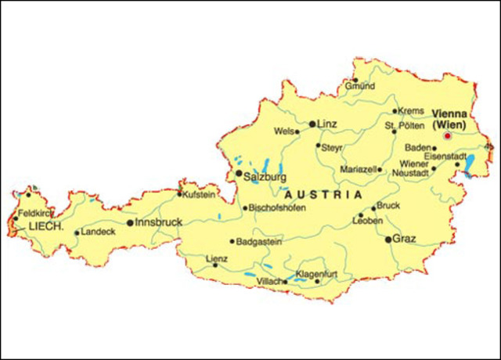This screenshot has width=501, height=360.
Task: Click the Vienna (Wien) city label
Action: (x=449, y=118)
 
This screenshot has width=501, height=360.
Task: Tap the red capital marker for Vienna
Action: (x=448, y=135)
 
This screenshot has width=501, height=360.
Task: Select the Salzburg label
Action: (x=265, y=176)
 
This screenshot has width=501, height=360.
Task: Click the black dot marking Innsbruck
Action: (x=130, y=223)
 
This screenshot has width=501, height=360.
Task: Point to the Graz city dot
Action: (x=388, y=239)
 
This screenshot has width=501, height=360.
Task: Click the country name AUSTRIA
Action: (x=324, y=193)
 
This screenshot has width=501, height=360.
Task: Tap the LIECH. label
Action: (x=46, y=226)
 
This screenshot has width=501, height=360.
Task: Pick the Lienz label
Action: (x=216, y=258)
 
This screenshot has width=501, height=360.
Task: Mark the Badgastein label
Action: (x=259, y=242)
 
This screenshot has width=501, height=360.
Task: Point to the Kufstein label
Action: (x=200, y=194)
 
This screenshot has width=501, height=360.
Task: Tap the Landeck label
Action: (x=98, y=232)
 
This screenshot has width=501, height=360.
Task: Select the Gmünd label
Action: (x=360, y=86)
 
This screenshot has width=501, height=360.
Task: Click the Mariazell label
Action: (x=359, y=169)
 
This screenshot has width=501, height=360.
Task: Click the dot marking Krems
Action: (x=395, y=111)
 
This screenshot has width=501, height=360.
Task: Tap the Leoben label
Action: (x=369, y=221)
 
